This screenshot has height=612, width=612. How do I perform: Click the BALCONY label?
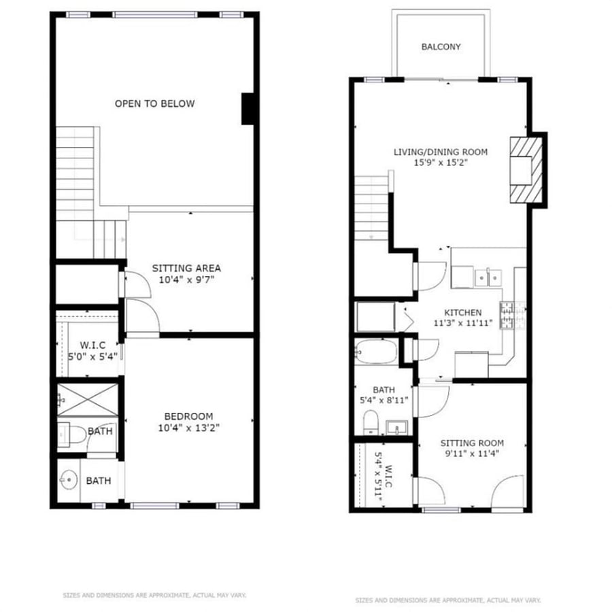coord(441,47)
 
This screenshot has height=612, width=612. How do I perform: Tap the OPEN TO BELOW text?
coord(154,103)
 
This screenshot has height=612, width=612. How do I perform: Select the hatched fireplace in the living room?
coord(526,170)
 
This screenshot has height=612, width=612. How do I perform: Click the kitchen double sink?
coord(488,278)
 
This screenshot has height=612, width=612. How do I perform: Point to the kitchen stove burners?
coord(507,316)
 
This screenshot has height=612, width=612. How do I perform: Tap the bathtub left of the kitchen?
coord(376,352)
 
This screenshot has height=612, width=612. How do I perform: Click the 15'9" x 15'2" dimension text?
coord(441,163)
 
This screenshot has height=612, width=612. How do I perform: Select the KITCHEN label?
coord(463,313)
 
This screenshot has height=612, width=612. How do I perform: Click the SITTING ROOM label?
coord(472,443)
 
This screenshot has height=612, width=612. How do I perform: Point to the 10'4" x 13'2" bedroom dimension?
coord(188,428)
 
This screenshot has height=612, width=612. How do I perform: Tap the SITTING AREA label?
coord(186,268)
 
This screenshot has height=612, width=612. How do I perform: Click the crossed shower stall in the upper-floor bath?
coord(88,400)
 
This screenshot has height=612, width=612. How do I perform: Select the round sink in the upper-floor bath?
coord(69,479)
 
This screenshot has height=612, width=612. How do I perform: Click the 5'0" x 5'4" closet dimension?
coord(93,356)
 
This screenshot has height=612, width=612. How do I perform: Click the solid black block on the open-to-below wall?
coord(248,109)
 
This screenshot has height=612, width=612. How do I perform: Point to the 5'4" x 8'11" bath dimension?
coord(384,400)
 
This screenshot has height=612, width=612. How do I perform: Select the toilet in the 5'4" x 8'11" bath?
coord(371,422)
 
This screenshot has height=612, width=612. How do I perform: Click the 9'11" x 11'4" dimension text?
coord(472,454)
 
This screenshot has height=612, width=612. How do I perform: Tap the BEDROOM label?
coord(188,416)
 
